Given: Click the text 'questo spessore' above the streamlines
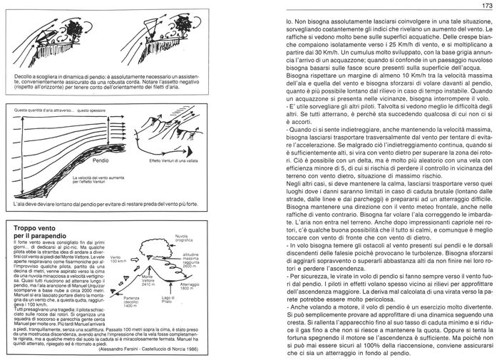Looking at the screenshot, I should point(93,111).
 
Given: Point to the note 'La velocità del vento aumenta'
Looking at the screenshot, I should point(103,182).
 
